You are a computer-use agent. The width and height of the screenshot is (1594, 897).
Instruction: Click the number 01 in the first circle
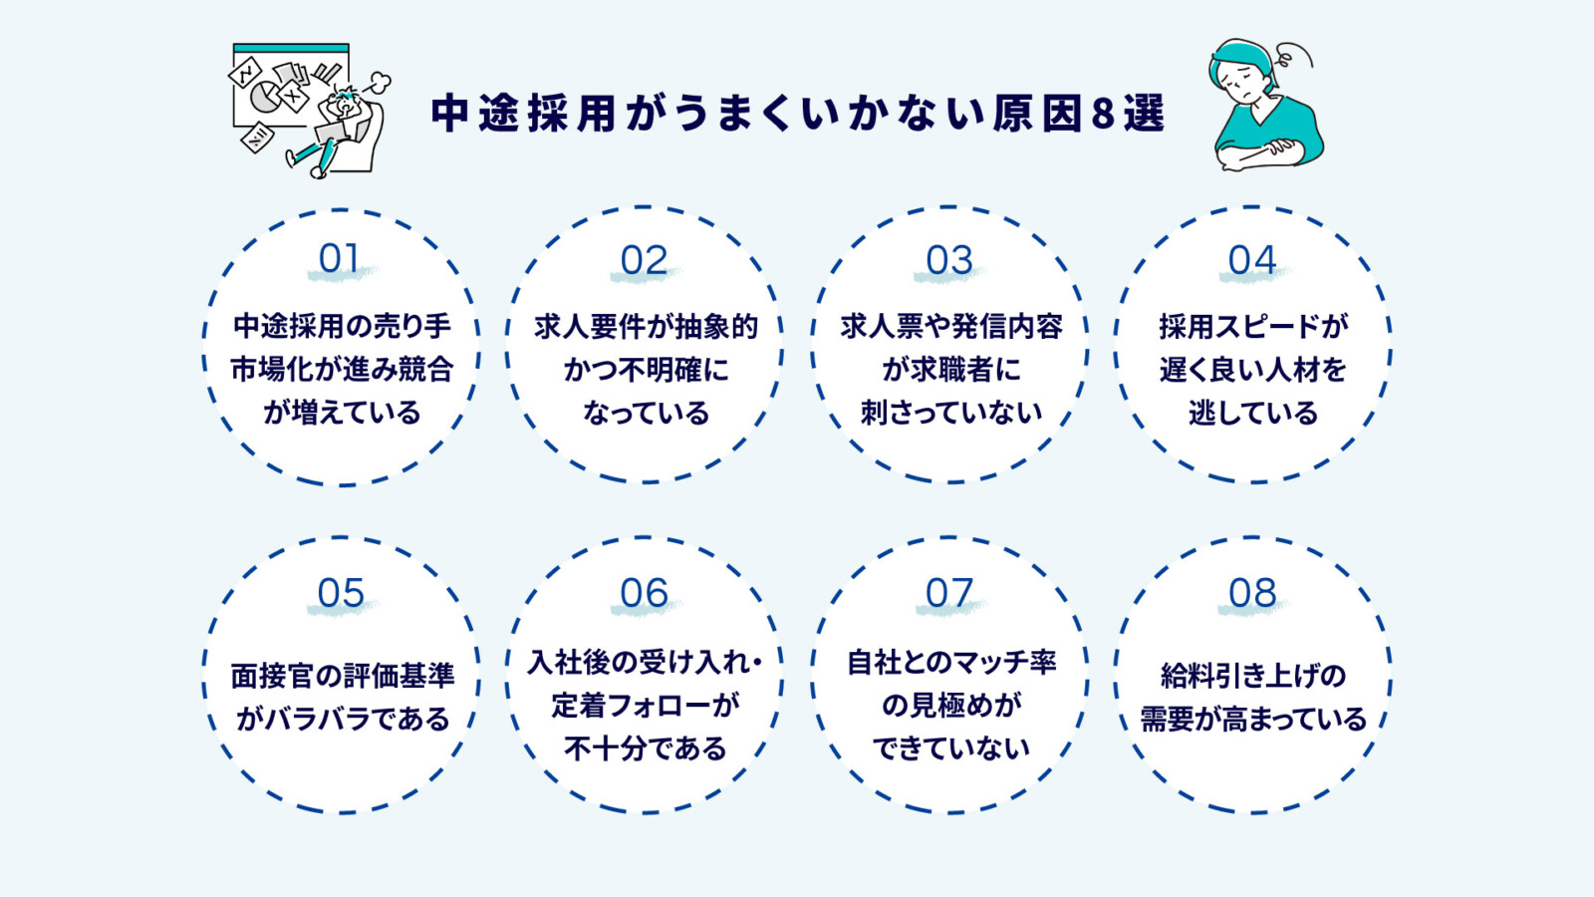(x=339, y=259)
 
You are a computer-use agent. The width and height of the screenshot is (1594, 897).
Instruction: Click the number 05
(x=341, y=594)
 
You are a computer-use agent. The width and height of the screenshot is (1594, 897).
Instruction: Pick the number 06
(x=644, y=594)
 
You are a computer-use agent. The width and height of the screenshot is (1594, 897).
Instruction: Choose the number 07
(x=948, y=594)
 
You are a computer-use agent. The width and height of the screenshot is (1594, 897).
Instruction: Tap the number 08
(x=1252, y=594)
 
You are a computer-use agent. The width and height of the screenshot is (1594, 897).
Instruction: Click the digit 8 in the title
(x=1103, y=114)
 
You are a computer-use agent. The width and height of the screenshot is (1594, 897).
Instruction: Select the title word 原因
(x=1036, y=114)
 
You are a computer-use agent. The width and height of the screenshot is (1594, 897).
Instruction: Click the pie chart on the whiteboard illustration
(x=264, y=97)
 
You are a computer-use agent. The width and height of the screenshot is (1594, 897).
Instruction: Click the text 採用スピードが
(x=1252, y=327)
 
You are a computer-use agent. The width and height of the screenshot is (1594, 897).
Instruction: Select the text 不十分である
(x=646, y=748)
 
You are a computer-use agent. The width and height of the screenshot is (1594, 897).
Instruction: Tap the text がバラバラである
(x=343, y=719)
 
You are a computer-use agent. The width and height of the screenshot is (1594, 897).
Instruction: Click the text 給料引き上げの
(x=1252, y=676)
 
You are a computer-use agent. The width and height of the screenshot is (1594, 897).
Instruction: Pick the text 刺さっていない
(x=950, y=413)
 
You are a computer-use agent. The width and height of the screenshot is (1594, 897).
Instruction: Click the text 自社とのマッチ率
(x=950, y=662)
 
